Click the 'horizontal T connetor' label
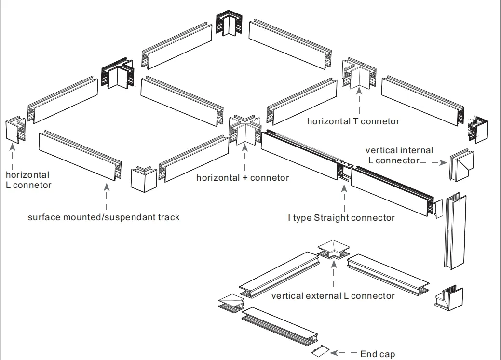click(x=353, y=121)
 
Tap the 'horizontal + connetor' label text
click(x=243, y=178)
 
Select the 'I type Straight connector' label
click(x=341, y=218)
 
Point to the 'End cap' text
click(x=378, y=354)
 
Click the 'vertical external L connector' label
click(x=333, y=295)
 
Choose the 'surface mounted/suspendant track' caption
click(x=104, y=217)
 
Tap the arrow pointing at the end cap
click(x=344, y=353)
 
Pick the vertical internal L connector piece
click(x=461, y=165)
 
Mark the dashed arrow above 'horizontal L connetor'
click(x=14, y=156)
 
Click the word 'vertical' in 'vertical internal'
click(x=379, y=150)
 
